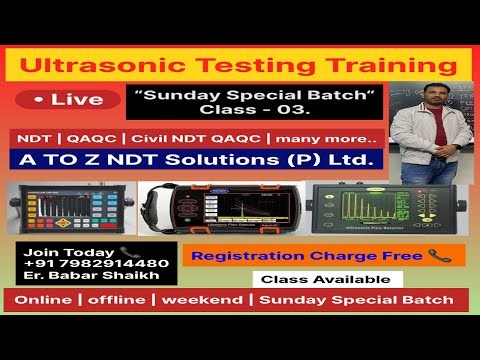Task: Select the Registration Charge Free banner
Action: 323,255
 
